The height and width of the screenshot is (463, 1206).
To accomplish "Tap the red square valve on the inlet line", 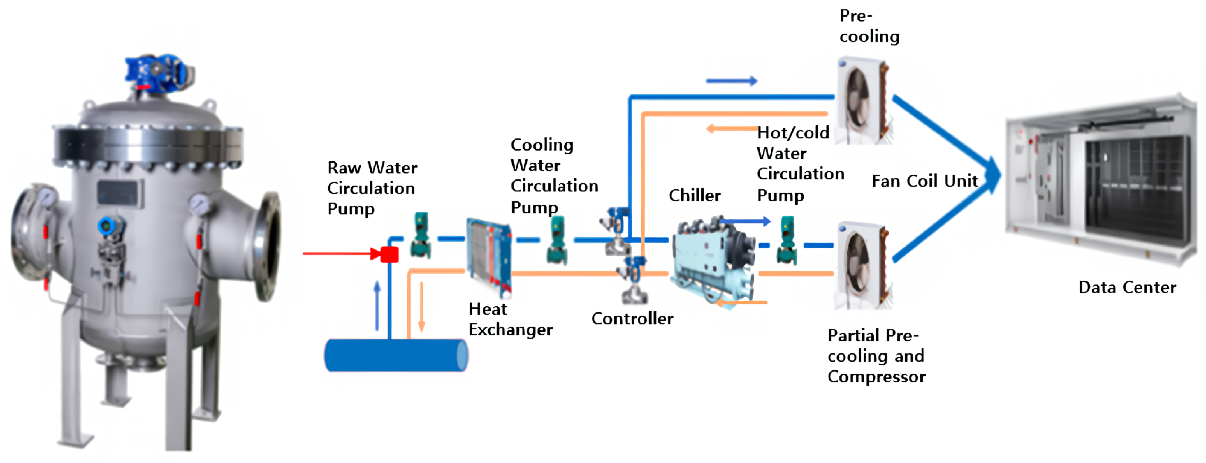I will [x=389, y=254].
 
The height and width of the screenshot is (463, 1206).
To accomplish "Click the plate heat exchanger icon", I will [x=489, y=256].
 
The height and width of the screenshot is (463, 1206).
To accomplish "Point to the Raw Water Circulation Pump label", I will [x=372, y=188].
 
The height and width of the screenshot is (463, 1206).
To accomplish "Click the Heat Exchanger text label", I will [x=510, y=319].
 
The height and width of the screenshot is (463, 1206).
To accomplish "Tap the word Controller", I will [x=632, y=319].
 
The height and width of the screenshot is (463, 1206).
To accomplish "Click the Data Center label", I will [x=1127, y=287].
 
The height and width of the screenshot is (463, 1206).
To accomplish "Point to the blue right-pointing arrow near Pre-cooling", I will [x=731, y=81].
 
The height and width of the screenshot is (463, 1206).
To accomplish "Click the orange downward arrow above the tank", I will [x=421, y=307].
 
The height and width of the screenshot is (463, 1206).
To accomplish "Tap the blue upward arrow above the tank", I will [x=377, y=305].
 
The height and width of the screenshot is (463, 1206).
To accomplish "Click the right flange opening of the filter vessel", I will [x=270, y=246].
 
